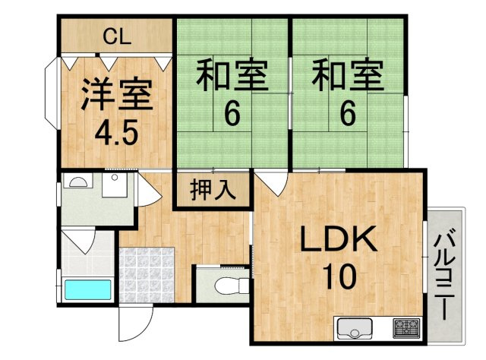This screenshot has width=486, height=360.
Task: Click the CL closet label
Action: (117, 37)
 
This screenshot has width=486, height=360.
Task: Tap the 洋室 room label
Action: (116, 95)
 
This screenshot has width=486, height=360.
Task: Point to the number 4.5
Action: (116, 134)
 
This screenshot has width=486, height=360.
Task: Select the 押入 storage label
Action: (213, 189)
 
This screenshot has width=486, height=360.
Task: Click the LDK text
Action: (339, 239)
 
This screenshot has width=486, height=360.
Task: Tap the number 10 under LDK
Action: (339, 276)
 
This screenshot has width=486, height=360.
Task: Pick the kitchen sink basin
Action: (355, 329)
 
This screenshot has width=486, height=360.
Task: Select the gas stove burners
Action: (406, 328)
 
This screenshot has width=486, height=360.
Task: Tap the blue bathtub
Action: (88, 289)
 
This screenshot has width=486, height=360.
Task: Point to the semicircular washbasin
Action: (78, 182)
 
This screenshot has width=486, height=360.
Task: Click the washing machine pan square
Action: (115, 185)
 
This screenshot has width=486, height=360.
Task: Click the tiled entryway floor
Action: (147, 275)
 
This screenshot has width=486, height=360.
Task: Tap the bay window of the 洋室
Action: (52, 93)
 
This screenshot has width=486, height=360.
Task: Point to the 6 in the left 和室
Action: (232, 114)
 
